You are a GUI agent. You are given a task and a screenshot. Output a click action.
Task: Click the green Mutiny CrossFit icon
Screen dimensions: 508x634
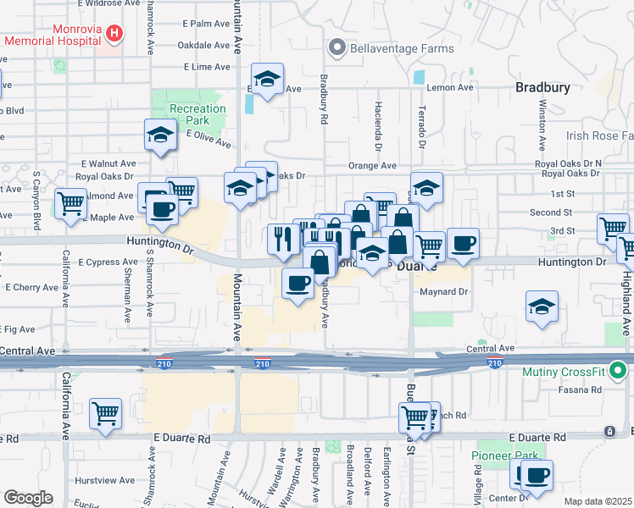tap(620, 369)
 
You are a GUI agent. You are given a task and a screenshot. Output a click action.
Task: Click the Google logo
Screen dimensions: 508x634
tap(28, 497)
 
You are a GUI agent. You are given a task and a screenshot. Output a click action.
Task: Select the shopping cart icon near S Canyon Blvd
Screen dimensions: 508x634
tap(70, 203)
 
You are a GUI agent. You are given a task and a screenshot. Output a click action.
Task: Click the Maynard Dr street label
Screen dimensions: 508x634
tap(444, 292)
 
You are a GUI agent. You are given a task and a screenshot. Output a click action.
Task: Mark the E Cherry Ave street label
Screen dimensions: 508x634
tap(30, 287)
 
